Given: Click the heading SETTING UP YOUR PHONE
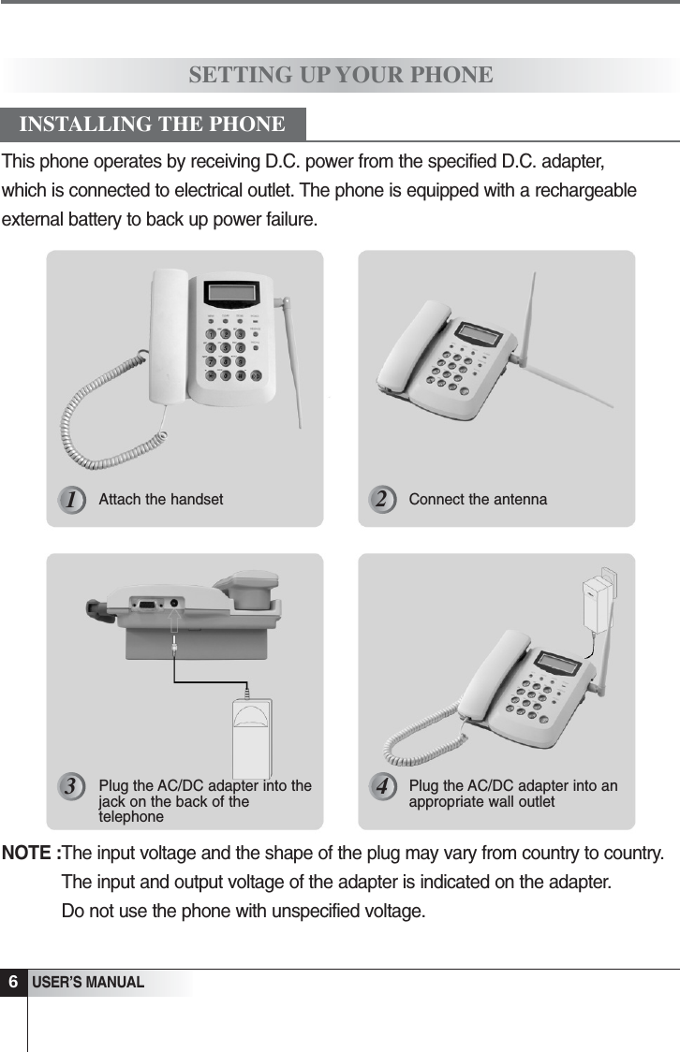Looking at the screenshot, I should click(341, 75).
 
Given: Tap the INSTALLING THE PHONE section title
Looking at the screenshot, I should click(153, 124).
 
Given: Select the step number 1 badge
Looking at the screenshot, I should click(69, 500).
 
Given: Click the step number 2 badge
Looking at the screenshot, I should click(380, 500).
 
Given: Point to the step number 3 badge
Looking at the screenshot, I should click(69, 787).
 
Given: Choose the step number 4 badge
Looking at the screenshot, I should click(380, 787).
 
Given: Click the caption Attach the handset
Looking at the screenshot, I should click(161, 500).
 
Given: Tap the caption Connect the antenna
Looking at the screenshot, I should click(478, 500).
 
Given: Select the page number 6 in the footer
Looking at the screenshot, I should click(13, 983).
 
